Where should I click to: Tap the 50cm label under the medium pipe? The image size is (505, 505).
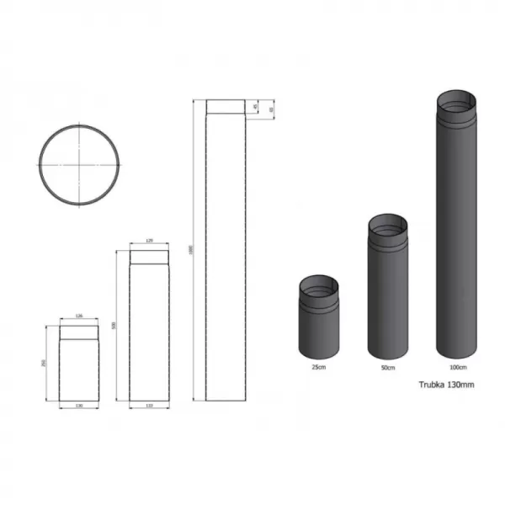(387, 368)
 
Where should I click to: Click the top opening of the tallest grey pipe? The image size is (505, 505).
(455, 104)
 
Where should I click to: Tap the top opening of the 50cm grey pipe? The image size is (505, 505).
(388, 225)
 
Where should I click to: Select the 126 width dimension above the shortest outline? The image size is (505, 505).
(80, 316)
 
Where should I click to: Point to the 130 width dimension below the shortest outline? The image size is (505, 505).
(80, 406)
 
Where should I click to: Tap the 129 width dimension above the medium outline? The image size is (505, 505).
(150, 242)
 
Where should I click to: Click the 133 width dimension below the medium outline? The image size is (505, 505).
(150, 406)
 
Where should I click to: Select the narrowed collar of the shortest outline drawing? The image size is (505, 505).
(80, 332)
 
